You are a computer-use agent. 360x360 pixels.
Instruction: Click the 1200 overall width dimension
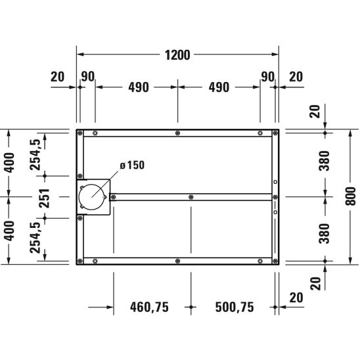pos(177,55)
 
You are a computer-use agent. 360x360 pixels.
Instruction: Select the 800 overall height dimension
pos(351,196)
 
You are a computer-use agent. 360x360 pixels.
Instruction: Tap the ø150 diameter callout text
pos(132,166)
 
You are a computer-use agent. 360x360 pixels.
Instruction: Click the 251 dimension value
pos(44,198)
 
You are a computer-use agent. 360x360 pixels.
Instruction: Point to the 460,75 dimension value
pos(149,307)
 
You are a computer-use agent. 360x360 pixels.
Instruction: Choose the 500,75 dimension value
pos(235,307)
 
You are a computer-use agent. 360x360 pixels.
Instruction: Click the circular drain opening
pos(92,197)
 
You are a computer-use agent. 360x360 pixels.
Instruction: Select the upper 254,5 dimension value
pos(35,155)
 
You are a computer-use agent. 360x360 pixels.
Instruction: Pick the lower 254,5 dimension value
pos(35,237)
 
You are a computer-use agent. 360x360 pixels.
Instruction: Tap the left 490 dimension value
pos(139,87)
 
